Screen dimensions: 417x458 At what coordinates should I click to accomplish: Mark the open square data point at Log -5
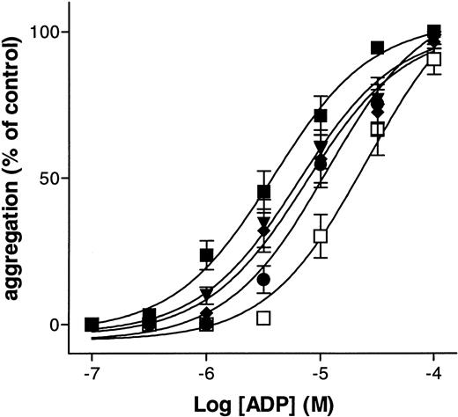click(321, 236)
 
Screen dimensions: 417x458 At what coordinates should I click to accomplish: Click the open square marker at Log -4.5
click(378, 129)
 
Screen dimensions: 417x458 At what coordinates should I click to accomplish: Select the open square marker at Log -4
click(433, 58)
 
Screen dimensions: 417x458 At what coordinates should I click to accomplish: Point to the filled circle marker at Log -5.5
click(263, 279)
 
